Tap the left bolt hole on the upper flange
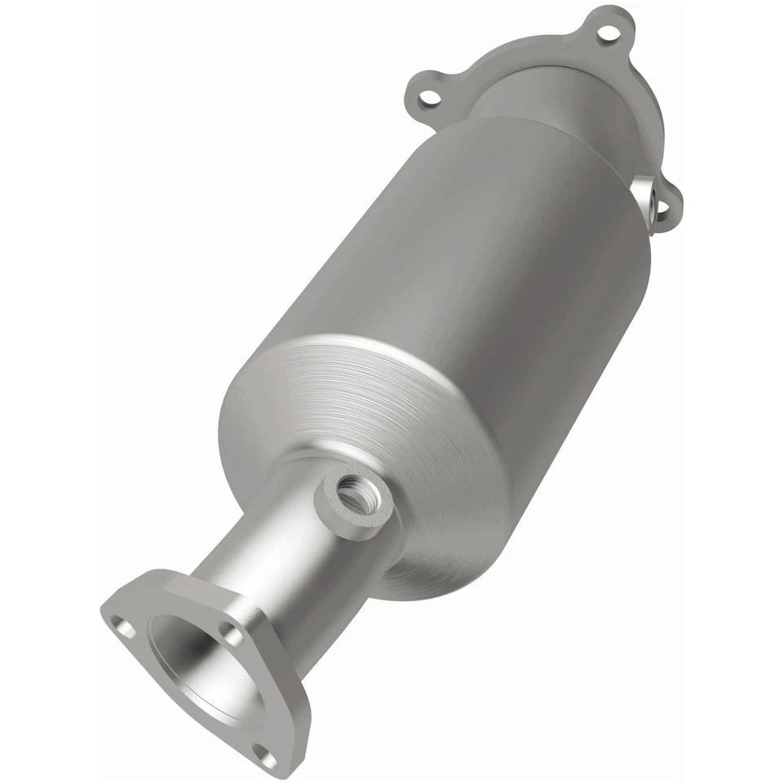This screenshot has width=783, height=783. click(425, 101)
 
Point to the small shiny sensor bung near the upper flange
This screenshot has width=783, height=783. click(648, 195)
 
